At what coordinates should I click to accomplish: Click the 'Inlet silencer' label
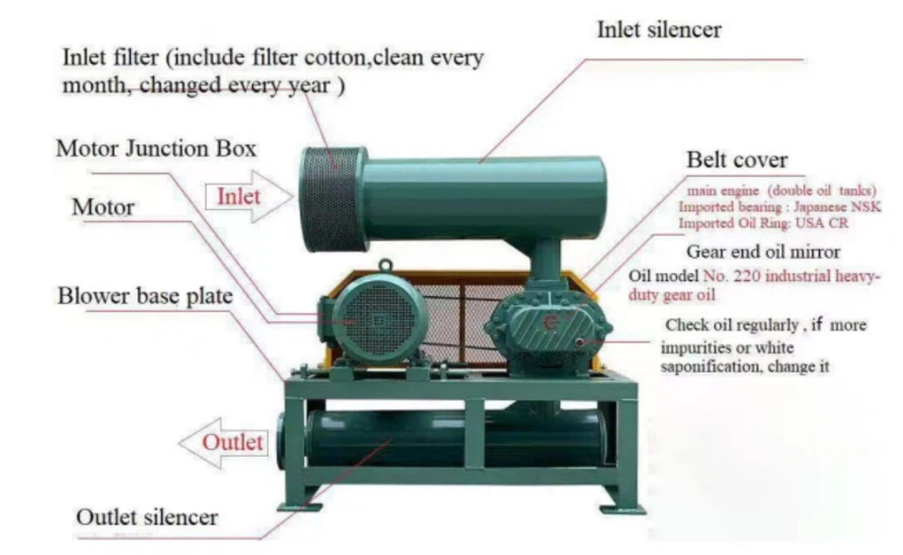point(658,29)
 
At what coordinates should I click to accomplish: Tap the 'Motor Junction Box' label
point(156,148)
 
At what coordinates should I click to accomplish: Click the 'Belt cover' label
point(736,160)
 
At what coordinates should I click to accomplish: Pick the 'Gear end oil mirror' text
point(763,252)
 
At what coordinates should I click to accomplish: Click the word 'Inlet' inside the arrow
point(239,195)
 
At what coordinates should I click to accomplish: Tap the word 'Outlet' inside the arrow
point(232,441)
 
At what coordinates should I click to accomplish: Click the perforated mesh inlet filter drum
point(332,198)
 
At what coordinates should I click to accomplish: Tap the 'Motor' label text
point(103,207)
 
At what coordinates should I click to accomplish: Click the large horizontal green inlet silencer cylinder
point(485,197)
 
